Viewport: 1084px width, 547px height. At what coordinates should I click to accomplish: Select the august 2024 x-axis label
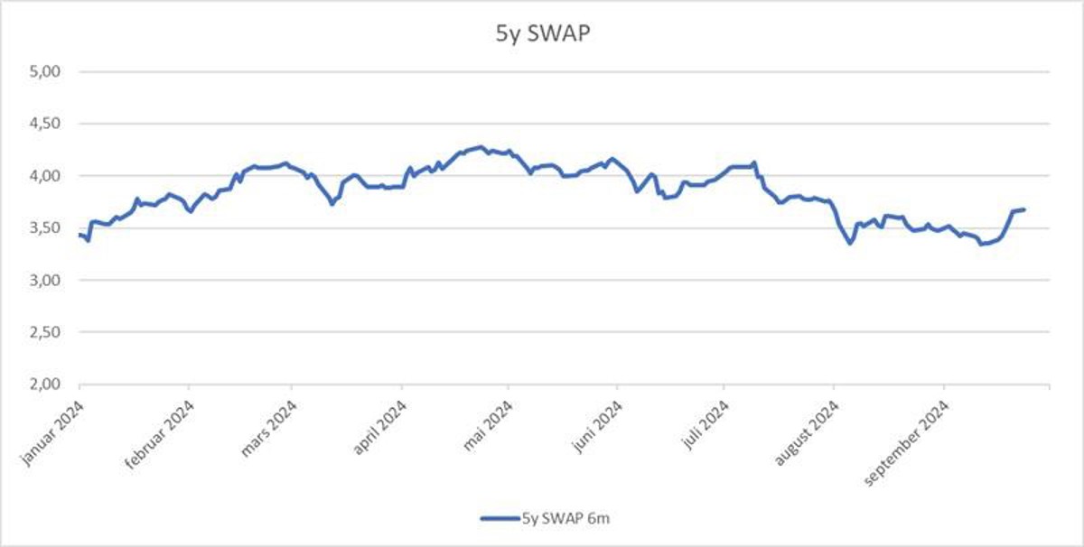(807, 432)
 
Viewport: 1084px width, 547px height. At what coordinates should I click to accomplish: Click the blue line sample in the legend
(500, 518)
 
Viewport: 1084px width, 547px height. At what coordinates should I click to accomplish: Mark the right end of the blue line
(1024, 210)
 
